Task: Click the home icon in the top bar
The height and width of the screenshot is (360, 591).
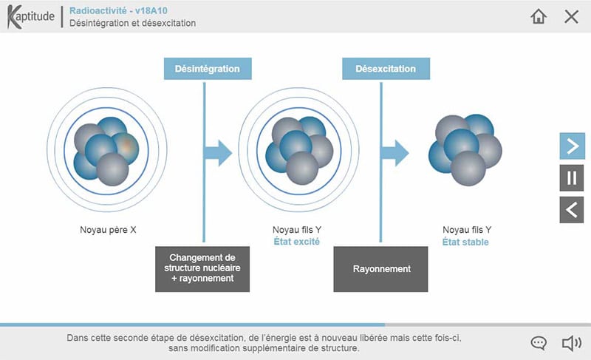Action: pyautogui.click(x=539, y=16)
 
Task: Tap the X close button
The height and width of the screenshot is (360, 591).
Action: pyautogui.click(x=571, y=16)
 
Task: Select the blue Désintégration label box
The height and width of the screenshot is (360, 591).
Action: pyautogui.click(x=207, y=69)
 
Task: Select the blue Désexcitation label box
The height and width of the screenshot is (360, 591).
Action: pyautogui.click(x=385, y=69)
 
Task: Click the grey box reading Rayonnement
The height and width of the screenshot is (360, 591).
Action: pyautogui.click(x=382, y=269)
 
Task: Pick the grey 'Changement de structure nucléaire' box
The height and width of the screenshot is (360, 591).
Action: pyautogui.click(x=203, y=268)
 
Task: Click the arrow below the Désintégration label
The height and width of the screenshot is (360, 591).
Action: pyautogui.click(x=218, y=153)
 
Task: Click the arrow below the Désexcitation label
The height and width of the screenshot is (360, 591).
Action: pyautogui.click(x=394, y=153)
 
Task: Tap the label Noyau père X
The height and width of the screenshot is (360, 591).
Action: pyautogui.click(x=108, y=230)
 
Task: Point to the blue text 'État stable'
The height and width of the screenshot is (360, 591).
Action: pyautogui.click(x=465, y=242)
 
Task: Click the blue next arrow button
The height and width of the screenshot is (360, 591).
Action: pyautogui.click(x=571, y=146)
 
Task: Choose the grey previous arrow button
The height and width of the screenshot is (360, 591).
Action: pyautogui.click(x=571, y=209)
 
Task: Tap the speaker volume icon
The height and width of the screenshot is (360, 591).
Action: pyautogui.click(x=571, y=343)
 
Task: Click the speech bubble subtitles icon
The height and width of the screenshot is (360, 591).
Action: pyautogui.click(x=539, y=343)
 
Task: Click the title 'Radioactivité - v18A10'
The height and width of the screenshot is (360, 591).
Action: pyautogui.click(x=118, y=11)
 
